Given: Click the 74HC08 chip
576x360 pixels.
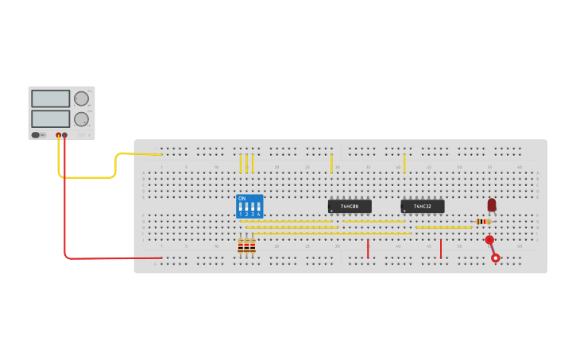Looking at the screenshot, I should tap(350, 207).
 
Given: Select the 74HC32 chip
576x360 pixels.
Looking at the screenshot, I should tap(422, 207).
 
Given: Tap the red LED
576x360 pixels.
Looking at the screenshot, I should tap(492, 205).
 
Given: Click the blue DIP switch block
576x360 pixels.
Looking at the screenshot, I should tap(249, 207).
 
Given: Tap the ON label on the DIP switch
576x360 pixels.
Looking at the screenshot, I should tap(242, 198).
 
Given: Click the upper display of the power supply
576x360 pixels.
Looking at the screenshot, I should tap(51, 99).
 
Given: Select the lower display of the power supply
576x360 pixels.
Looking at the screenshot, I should tap(51, 118).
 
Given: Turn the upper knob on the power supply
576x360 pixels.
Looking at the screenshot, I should tap(81, 99).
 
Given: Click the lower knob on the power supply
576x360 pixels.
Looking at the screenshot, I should tap(81, 119).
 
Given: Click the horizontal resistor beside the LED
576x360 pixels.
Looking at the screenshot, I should tap(483, 222).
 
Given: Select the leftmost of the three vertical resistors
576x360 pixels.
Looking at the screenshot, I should tap(241, 246).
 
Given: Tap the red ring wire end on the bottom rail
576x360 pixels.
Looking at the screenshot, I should tap(496, 257).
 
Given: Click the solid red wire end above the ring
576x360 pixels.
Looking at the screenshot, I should tap(489, 239).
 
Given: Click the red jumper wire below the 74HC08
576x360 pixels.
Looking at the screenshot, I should tap(368, 249).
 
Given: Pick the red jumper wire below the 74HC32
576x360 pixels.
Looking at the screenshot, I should tap(441, 249).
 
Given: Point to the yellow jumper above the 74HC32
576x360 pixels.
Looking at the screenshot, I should tap(404, 163).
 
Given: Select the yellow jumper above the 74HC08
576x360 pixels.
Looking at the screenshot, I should tap(331, 163).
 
